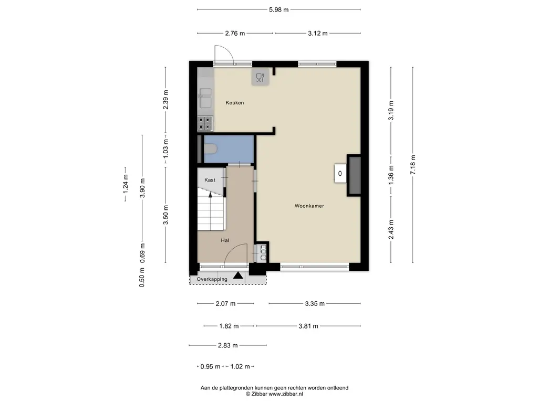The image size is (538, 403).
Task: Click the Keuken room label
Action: click(x=235, y=102)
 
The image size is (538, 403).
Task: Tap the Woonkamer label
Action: click(x=309, y=206)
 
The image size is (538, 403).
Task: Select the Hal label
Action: click(x=225, y=240)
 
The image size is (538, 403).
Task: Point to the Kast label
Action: click(x=210, y=180)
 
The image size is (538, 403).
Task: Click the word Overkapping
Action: click(x=212, y=279)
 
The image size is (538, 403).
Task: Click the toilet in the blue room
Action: click(x=210, y=149)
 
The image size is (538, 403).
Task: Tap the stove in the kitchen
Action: click(x=205, y=124)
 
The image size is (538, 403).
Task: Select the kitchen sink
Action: click(x=205, y=98)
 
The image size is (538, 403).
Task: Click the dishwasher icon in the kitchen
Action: click(x=260, y=78)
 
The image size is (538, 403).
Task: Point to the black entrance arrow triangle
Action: click(x=238, y=275)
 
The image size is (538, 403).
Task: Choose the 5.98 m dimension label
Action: click(x=278, y=9)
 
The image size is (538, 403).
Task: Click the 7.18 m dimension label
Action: click(x=413, y=165)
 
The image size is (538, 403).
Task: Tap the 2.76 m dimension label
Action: click(x=235, y=33)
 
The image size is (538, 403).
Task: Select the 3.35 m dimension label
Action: click(x=315, y=304)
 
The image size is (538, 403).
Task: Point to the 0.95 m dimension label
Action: click(x=210, y=367)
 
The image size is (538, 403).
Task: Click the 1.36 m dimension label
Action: click(x=391, y=175)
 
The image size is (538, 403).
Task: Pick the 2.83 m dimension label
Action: click(x=228, y=345)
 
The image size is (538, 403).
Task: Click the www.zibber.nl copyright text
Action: click(x=274, y=394)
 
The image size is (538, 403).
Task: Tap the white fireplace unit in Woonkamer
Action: click(x=340, y=173)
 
